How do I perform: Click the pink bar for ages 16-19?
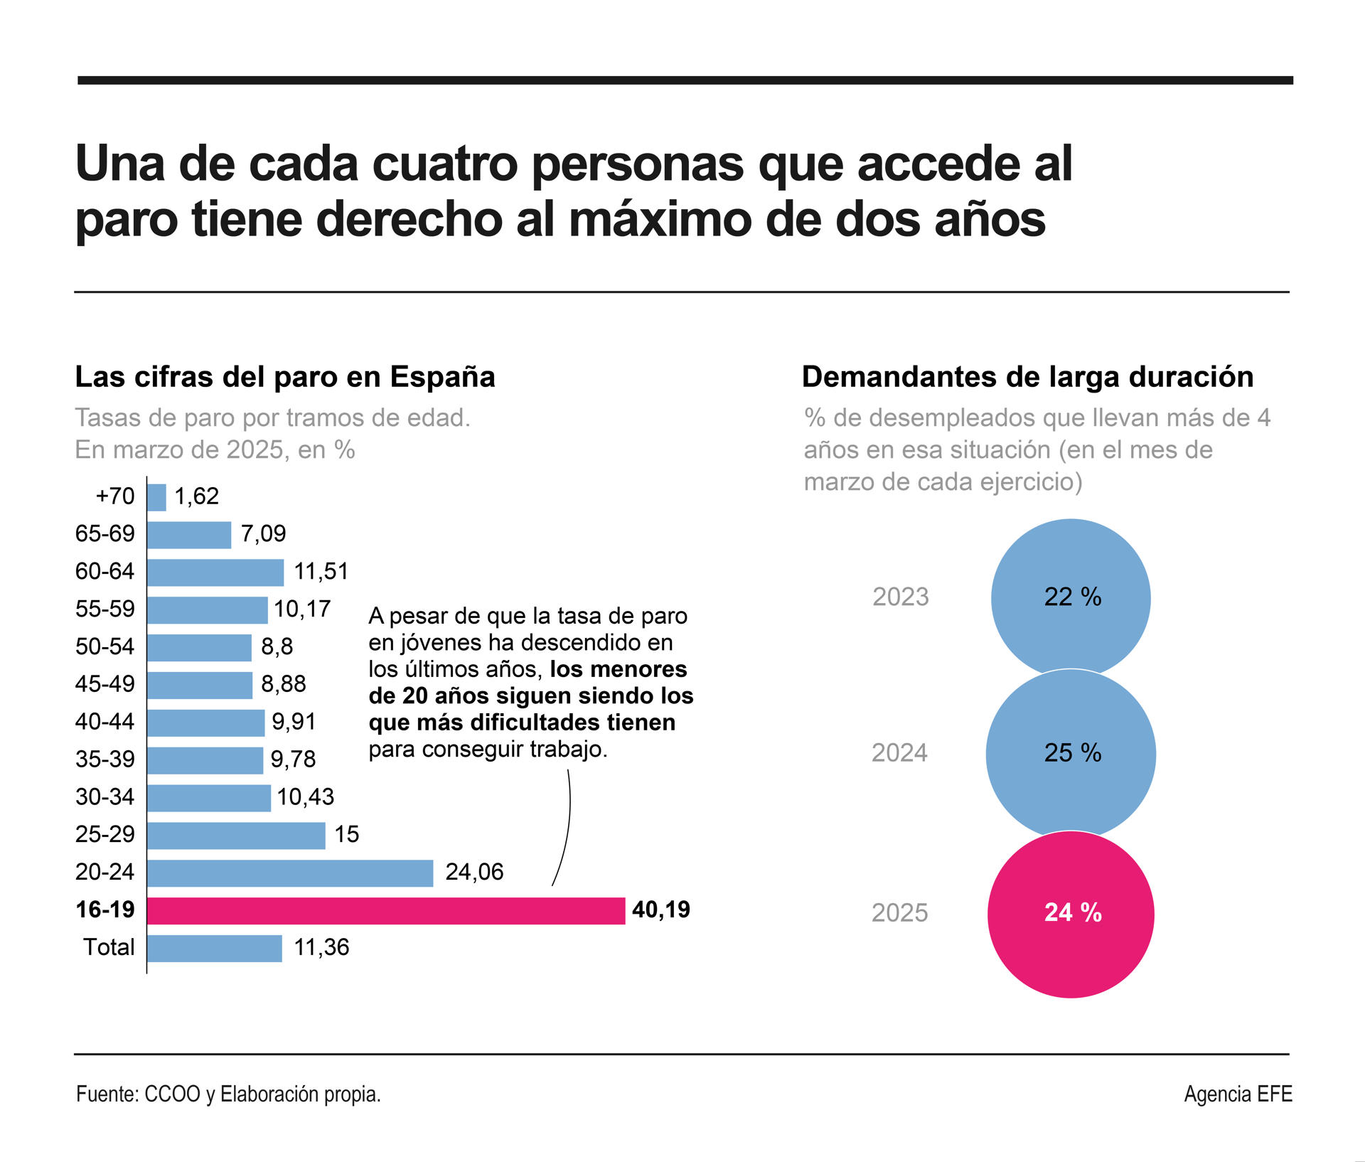click(386, 910)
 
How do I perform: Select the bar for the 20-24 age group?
click(290, 873)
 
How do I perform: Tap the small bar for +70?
click(156, 497)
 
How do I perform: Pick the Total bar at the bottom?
click(215, 948)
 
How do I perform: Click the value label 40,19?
click(660, 910)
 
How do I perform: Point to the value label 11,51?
click(321, 572)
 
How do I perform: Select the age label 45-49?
click(105, 684)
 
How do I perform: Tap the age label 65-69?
click(105, 533)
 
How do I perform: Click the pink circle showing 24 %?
click(1071, 915)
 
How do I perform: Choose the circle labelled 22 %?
click(1071, 596)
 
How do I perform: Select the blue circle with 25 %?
click(1071, 753)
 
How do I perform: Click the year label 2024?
click(899, 753)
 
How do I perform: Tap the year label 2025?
click(899, 913)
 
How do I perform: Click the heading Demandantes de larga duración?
click(1027, 377)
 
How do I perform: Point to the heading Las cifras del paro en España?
click(285, 377)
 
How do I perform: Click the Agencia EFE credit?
click(1238, 1094)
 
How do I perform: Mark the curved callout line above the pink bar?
click(567, 825)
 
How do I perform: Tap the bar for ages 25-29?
click(236, 836)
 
